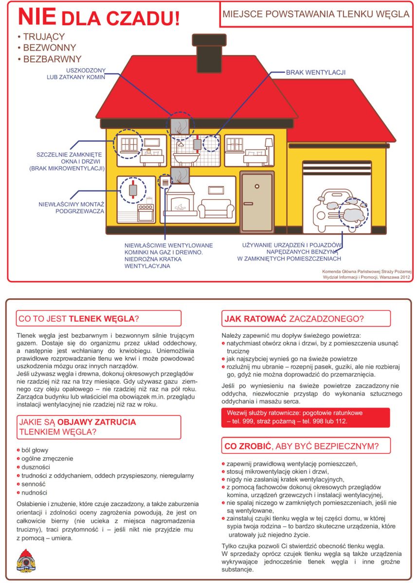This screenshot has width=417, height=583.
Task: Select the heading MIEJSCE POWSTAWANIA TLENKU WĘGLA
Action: [316, 14]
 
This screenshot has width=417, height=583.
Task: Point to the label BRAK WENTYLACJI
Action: [315, 72]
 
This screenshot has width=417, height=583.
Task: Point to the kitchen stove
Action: [146, 212]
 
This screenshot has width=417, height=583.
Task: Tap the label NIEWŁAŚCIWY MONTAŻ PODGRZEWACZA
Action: [72, 207]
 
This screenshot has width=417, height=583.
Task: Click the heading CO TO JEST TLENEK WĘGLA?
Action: [78, 319]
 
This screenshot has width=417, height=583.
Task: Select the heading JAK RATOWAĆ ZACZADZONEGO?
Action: [294, 319]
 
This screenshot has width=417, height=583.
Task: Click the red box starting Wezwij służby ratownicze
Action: [305, 417]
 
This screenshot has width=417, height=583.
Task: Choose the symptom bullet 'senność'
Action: [34, 484]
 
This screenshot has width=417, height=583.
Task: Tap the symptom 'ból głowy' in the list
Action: [35, 450]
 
